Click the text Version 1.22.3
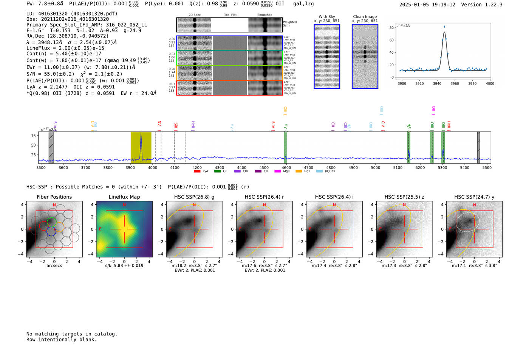coord(482,5)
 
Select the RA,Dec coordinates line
coord(67,36)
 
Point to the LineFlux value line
coord(65,48)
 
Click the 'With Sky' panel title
coord(326,17)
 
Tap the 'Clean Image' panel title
coord(365,17)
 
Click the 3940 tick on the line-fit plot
coord(437,83)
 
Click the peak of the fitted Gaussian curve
coord(444,32)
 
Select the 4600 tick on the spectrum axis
coord(286,167)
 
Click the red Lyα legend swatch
coord(197,172)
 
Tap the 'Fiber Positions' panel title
coord(54,197)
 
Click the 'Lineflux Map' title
coord(124,197)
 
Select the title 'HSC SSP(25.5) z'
coord(404,197)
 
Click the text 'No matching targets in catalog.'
coord(72,334)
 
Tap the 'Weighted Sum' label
coord(289,24)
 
